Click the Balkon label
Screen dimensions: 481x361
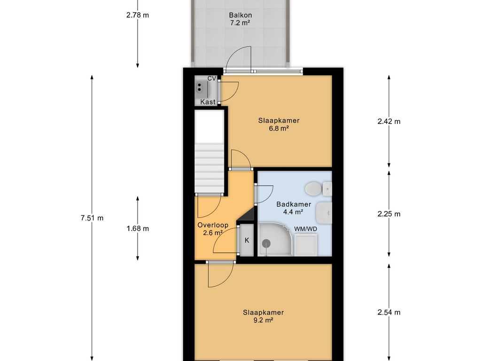240,15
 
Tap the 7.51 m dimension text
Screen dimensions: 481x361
92,218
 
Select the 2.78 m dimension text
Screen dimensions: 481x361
138,15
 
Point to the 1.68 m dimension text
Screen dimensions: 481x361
138,228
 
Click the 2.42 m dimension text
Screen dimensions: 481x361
389,121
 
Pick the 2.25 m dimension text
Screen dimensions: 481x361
389,214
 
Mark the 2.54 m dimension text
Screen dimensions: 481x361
389,313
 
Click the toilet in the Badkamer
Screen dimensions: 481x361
318,188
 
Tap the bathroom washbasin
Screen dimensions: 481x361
324,213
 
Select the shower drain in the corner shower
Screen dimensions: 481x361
266,243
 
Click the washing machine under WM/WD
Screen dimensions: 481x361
306,244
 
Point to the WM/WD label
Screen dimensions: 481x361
305,229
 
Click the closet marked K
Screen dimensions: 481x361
247,240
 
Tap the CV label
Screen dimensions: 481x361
212,78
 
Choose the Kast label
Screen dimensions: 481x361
208,102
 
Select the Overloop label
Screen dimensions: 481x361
213,225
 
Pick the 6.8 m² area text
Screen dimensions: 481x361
279,128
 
